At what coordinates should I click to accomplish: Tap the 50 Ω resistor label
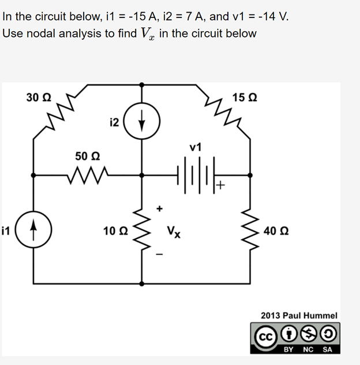point(88,156)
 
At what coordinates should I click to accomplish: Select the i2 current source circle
point(142,123)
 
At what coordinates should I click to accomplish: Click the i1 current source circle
point(33,232)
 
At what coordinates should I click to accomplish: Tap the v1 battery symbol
point(195,173)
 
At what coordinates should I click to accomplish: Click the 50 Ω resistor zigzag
point(88,173)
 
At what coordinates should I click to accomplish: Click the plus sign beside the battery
point(221,185)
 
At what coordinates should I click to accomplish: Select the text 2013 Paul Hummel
point(299,316)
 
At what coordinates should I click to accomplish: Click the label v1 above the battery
point(196,147)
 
